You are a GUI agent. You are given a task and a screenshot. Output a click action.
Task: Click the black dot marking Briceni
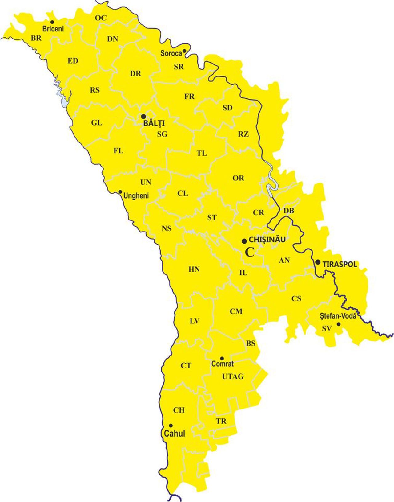(52, 22)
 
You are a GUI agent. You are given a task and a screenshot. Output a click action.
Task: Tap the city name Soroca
(171, 53)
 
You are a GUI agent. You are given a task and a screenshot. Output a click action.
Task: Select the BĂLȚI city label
(154, 123)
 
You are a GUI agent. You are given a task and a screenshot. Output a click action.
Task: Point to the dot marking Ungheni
(120, 192)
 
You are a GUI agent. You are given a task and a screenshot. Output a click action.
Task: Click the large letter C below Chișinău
(250, 252)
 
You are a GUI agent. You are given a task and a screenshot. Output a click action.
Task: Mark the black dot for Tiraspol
(318, 262)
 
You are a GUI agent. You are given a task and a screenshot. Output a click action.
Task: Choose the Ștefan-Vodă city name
(338, 316)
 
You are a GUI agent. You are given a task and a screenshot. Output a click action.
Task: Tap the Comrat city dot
(222, 358)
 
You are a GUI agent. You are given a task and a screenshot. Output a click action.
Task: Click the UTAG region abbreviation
(233, 377)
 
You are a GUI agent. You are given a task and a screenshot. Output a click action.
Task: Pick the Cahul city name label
(175, 434)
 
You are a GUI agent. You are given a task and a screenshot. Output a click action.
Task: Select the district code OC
(100, 18)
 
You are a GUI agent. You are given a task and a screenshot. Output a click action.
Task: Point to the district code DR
(135, 74)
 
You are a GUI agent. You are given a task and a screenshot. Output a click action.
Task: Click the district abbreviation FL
(118, 151)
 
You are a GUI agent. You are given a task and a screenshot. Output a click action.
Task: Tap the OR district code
(238, 178)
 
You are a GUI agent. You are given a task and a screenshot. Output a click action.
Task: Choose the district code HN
(194, 270)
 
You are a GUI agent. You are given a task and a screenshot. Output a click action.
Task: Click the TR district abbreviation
(221, 421)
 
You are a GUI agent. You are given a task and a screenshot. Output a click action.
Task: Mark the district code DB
(289, 211)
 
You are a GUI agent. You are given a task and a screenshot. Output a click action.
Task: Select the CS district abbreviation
(296, 298)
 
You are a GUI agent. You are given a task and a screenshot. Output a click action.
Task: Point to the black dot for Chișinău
(244, 241)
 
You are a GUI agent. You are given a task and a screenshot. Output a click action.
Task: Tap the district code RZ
(243, 134)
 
